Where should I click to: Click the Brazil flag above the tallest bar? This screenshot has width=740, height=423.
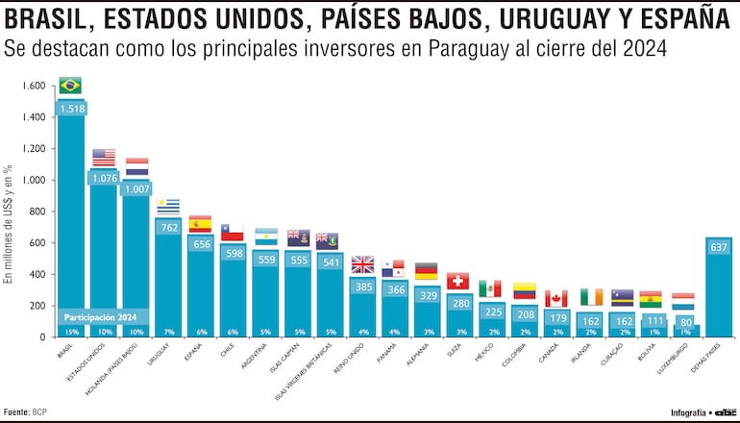pyautogui.click(x=70, y=86)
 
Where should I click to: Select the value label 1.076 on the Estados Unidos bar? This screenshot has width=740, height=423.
pyautogui.click(x=103, y=178)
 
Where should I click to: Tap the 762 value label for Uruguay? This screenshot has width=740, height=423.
pyautogui.click(x=168, y=228)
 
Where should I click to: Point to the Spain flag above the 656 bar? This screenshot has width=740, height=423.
pyautogui.click(x=201, y=224)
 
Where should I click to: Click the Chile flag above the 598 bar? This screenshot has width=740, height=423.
pyautogui.click(x=233, y=233)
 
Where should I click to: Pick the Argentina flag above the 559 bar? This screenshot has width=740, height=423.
pyautogui.click(x=266, y=236)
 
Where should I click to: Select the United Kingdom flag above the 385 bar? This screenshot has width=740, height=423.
pyautogui.click(x=363, y=264)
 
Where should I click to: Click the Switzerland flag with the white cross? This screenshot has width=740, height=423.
pyautogui.click(x=457, y=281)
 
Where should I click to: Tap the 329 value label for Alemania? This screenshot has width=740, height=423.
pyautogui.click(x=425, y=296)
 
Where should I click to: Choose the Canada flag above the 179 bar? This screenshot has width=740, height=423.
pyautogui.click(x=555, y=298)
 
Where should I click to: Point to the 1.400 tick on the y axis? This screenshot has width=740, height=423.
pyautogui.click(x=32, y=117)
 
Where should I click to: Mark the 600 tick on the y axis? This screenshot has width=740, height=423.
pyautogui.click(x=37, y=243)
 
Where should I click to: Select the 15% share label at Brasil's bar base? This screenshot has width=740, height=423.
pyautogui.click(x=70, y=332)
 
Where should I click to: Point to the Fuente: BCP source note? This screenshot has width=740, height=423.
pyautogui.click(x=26, y=411)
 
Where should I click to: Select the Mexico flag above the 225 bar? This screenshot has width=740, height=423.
pyautogui.click(x=490, y=288)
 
